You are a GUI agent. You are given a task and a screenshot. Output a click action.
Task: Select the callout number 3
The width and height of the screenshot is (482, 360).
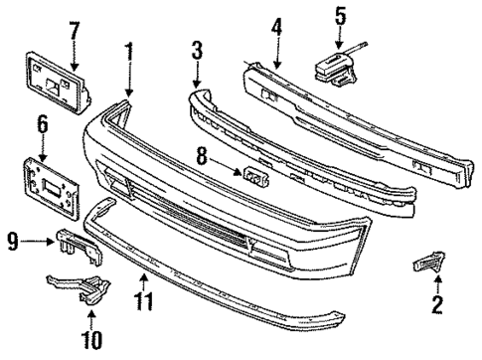coord(197,50)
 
